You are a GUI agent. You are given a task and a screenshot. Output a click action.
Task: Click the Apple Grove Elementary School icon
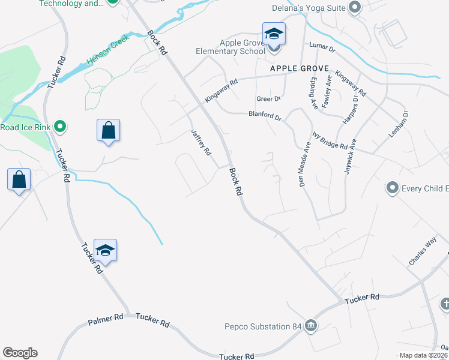274,34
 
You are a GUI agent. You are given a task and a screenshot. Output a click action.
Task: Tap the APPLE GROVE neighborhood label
297,69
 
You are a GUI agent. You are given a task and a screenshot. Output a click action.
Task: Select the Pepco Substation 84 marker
310,326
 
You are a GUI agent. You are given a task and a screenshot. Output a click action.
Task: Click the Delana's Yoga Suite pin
354,8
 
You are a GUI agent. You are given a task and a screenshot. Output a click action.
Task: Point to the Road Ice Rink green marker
59,127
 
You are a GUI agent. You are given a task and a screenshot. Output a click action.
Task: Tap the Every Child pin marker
393,188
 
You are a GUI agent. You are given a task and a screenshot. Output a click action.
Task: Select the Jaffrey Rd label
201,143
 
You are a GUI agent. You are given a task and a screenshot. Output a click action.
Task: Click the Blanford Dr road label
265,115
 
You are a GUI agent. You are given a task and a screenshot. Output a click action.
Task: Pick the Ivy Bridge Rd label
330,142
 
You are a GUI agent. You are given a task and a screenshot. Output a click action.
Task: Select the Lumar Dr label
321,46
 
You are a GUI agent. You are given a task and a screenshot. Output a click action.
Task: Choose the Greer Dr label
268,98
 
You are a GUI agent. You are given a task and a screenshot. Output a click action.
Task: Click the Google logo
20,353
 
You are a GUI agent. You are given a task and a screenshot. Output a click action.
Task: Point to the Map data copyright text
424,355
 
